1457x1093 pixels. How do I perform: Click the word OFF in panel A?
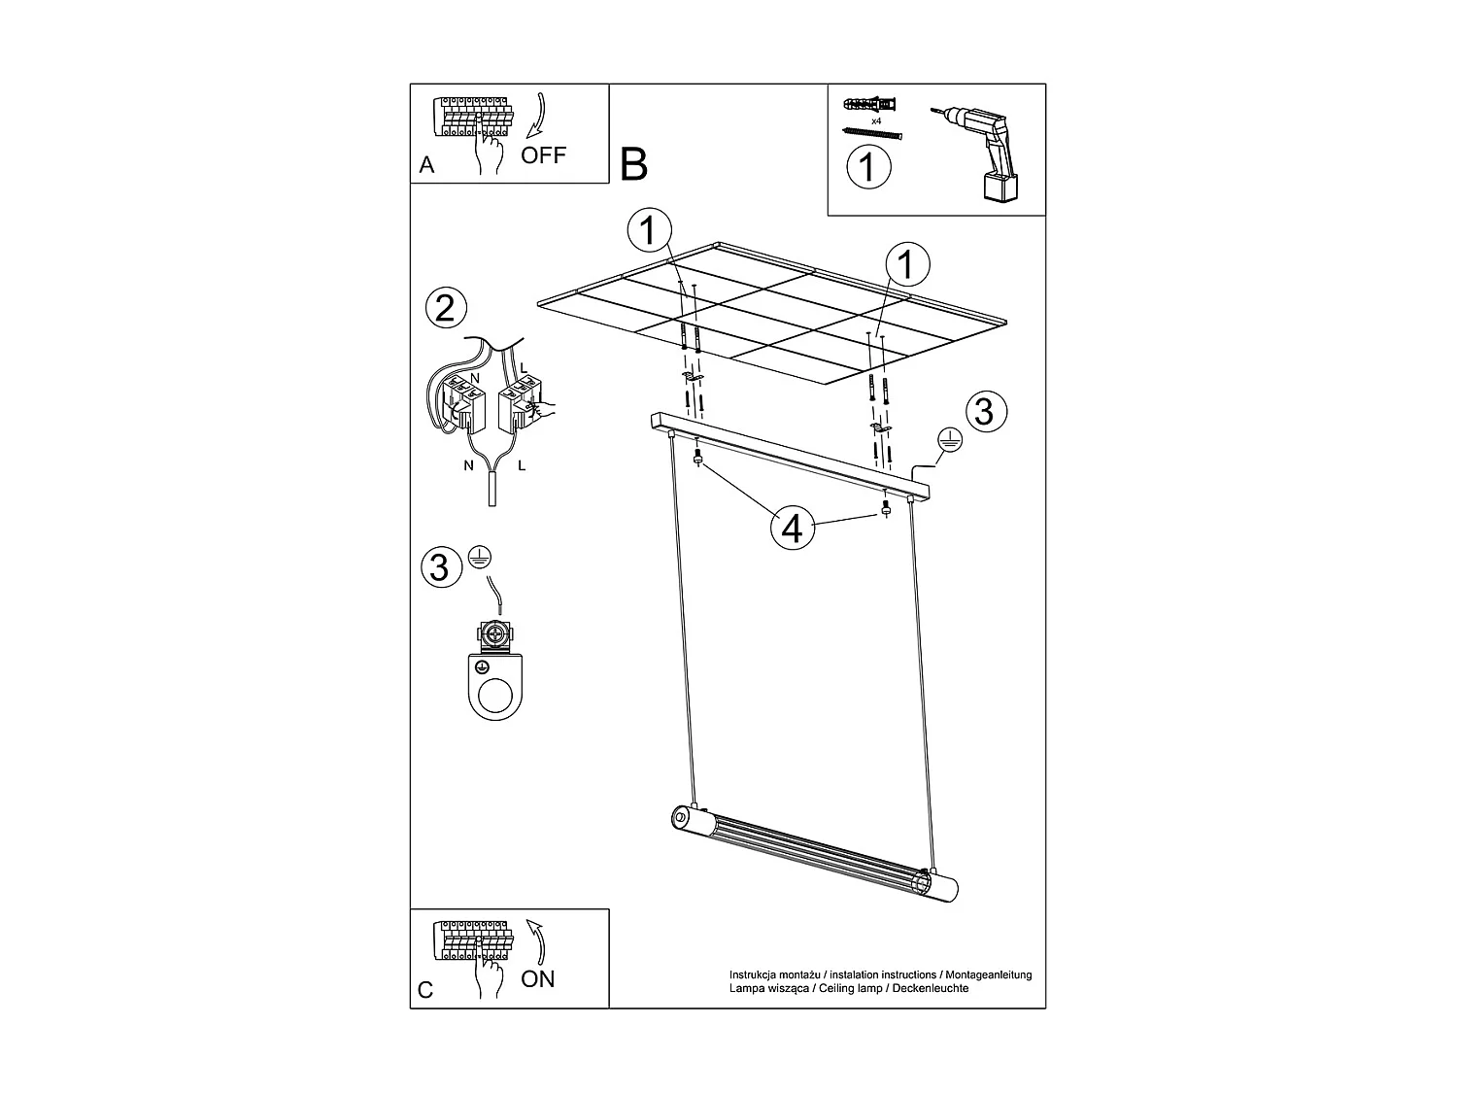[543, 155]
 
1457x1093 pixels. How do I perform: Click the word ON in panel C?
[538, 978]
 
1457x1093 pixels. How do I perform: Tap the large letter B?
[633, 164]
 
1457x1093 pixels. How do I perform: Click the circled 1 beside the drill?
[867, 166]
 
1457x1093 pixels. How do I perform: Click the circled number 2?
[446, 309]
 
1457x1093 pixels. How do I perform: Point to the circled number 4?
[792, 529]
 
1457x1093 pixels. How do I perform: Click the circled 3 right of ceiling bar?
[984, 412]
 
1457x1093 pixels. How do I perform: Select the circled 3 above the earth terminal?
[440, 566]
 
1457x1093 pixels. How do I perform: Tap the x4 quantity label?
[875, 120]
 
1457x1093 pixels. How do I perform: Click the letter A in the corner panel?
[426, 166]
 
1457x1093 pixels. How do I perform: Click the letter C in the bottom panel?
[425, 990]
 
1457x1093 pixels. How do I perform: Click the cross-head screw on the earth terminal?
[496, 636]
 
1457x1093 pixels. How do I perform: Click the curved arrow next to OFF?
[538, 117]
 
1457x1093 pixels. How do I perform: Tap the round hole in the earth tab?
[496, 696]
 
